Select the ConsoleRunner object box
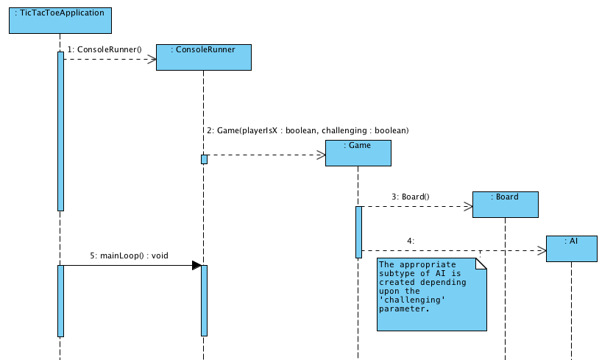(203, 57)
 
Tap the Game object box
(358, 152)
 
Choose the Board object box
(506, 204)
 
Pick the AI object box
(571, 248)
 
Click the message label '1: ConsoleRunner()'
(104, 49)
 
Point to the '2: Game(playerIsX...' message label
(308, 130)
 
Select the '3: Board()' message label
(410, 197)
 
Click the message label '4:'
(410, 241)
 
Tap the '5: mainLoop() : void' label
(129, 255)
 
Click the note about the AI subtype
(432, 294)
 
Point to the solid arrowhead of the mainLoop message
(196, 265)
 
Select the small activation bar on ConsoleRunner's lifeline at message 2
(204, 159)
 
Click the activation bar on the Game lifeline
(358, 231)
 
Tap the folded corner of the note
(482, 264)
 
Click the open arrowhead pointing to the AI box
(542, 250)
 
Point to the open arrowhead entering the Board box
(468, 207)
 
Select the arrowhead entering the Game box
(321, 155)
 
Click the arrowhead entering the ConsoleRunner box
(152, 59)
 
